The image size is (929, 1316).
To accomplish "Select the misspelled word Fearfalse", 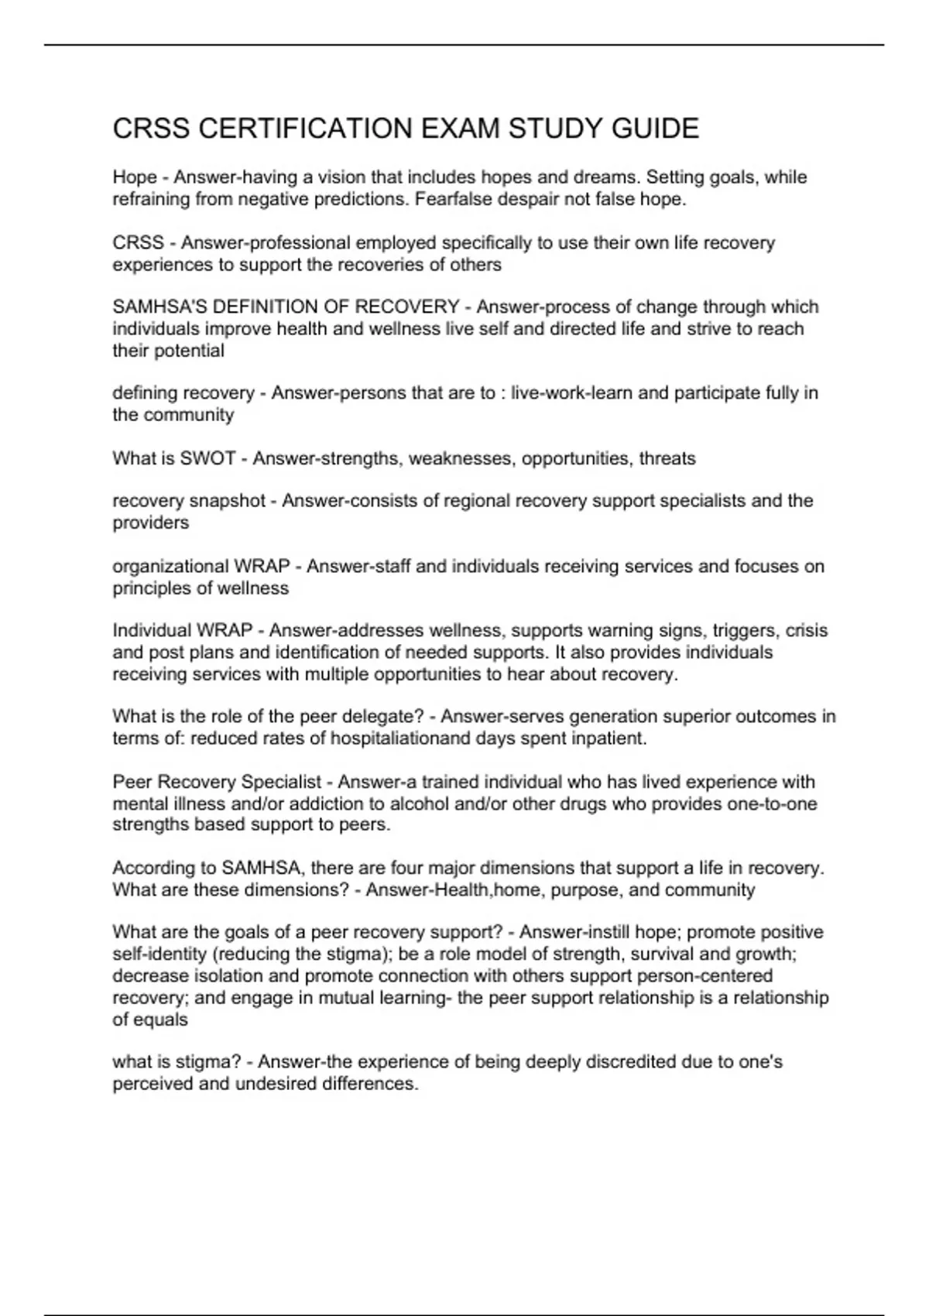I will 450,200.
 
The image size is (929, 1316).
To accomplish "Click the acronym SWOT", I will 207,458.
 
